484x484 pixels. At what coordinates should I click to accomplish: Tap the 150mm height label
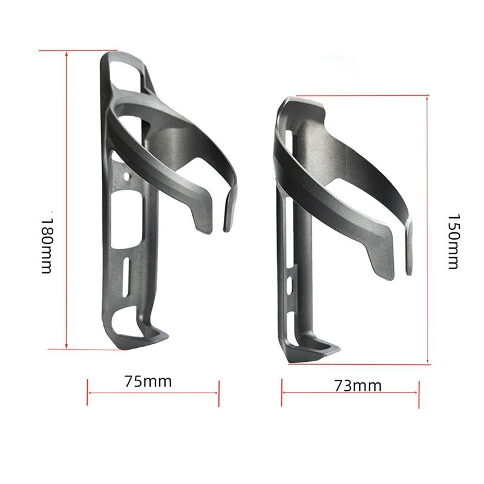pyautogui.click(x=453, y=241)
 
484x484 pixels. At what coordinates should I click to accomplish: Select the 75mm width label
pyautogui.click(x=148, y=381)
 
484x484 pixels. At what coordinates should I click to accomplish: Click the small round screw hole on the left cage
pyautogui.click(x=126, y=177)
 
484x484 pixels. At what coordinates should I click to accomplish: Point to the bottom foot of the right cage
pyautogui.click(x=315, y=352)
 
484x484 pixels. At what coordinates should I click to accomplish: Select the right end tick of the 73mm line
pyautogui.click(x=419, y=393)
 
